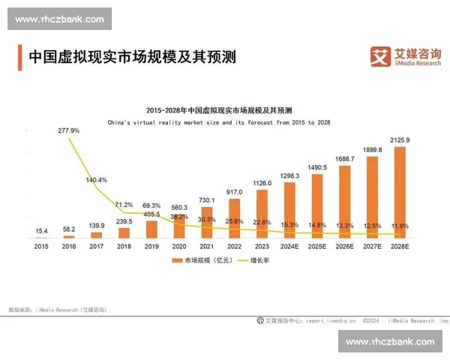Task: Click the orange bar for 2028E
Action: tap(400, 191)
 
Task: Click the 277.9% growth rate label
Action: tap(69, 130)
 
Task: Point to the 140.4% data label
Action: tap(97, 180)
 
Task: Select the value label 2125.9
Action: tap(400, 140)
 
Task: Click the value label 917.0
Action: tap(234, 192)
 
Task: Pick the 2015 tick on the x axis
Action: tap(41, 245)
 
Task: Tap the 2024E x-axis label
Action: tap(289, 245)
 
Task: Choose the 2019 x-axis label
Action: tap(151, 245)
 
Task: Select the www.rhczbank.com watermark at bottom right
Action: tap(390, 342)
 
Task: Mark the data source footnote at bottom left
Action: tap(57, 309)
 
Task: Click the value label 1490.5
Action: tap(317, 167)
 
